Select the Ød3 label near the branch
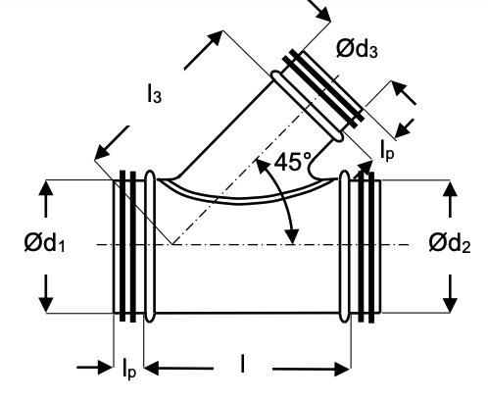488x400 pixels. pyautogui.click(x=355, y=50)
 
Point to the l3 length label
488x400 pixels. pyautogui.click(x=155, y=94)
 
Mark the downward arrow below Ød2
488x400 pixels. pyautogui.click(x=451, y=288)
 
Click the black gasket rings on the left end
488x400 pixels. pyautogui.click(x=126, y=245)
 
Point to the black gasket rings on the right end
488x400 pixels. pyautogui.click(x=366, y=245)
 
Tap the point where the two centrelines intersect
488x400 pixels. pyautogui.click(x=171, y=244)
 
